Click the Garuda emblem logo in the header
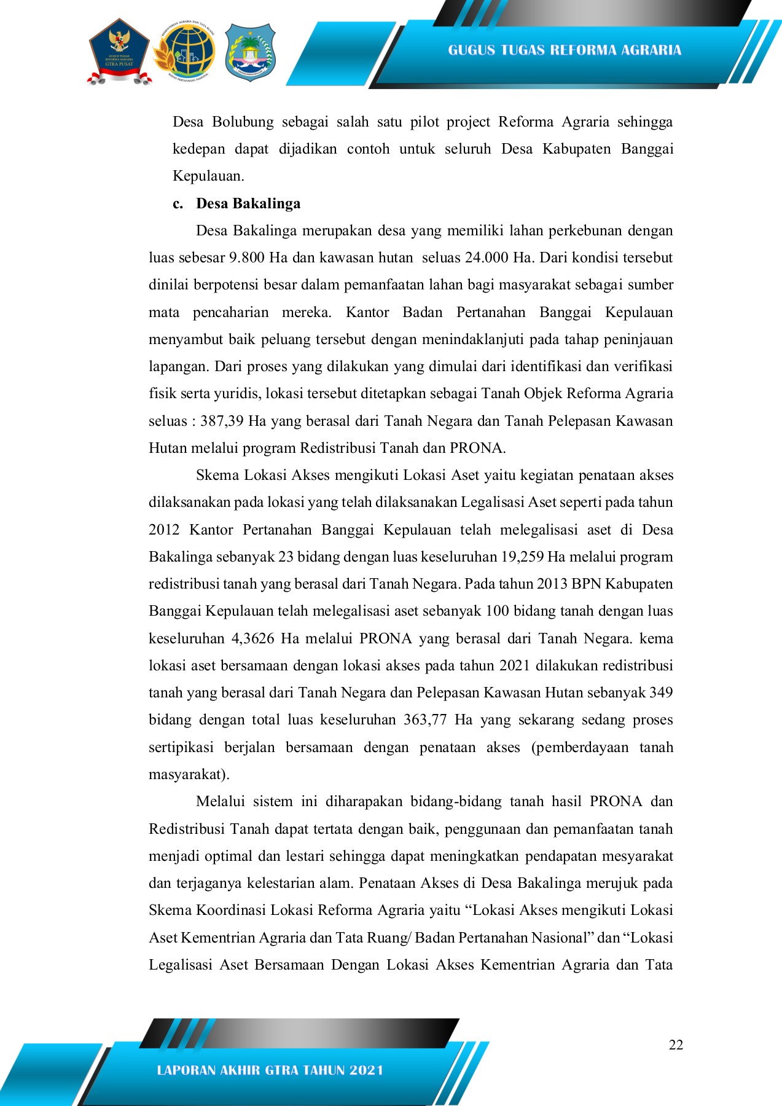click(x=119, y=52)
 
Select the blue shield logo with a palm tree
click(x=249, y=52)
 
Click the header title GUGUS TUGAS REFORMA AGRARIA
click(x=564, y=50)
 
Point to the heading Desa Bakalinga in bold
click(x=248, y=204)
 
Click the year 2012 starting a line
click(x=164, y=530)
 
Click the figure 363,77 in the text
click(x=424, y=720)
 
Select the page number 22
click(x=676, y=1045)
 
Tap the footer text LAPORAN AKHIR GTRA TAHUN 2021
click(x=270, y=1070)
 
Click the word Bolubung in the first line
click(x=243, y=122)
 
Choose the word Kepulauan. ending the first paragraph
click(x=208, y=176)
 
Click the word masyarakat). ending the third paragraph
click(x=189, y=775)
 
